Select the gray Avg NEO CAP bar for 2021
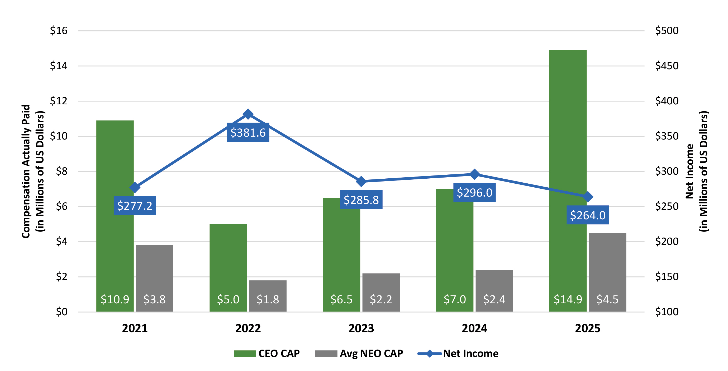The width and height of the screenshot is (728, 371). (x=154, y=272)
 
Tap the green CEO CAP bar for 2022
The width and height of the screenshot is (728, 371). (x=228, y=260)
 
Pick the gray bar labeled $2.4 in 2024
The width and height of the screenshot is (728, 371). (x=494, y=286)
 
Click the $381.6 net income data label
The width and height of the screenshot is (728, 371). (x=248, y=132)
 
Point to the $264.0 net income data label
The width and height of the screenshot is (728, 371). (x=588, y=215)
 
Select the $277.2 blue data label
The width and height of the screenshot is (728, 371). (x=135, y=206)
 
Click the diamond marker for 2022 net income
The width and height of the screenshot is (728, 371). (x=248, y=114)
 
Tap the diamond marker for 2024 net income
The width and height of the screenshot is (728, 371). (x=474, y=174)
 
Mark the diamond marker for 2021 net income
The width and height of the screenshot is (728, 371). (x=135, y=187)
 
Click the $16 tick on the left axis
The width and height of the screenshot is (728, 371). (x=59, y=31)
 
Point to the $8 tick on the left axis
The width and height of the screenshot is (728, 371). (x=61, y=171)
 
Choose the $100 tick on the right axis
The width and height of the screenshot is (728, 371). (x=667, y=312)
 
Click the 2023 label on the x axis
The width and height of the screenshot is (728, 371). (x=361, y=328)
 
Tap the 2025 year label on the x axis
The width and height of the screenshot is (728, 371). (x=588, y=328)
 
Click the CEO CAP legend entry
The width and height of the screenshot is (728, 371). (x=267, y=354)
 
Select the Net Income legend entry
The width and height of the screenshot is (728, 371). (x=458, y=354)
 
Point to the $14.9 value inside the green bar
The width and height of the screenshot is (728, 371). (x=568, y=299)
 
